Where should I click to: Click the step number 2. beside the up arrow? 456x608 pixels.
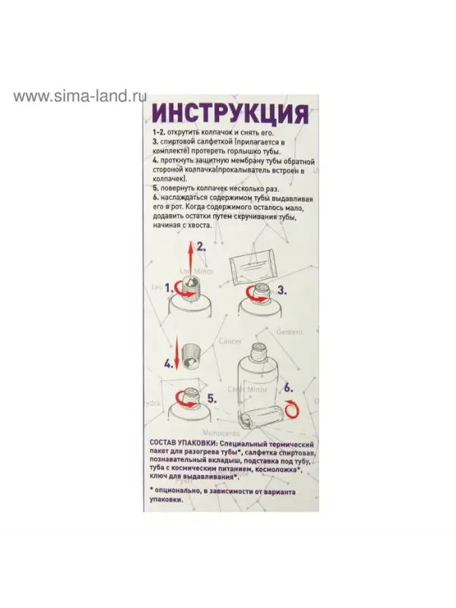201,246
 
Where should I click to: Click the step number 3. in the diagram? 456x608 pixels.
281,290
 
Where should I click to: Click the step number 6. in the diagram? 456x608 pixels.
288,386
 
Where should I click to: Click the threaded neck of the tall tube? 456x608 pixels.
255,351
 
